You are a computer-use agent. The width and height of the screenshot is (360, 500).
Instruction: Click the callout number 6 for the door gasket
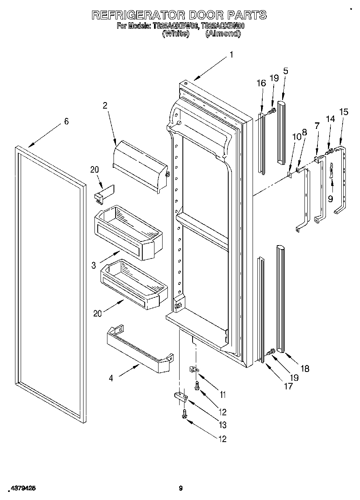[x=66, y=121]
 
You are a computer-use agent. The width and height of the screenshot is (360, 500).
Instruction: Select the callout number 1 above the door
[x=231, y=55]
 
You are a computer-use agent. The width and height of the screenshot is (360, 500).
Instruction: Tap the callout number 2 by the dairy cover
[x=105, y=106]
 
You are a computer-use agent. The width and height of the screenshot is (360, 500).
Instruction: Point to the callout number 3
[x=94, y=265]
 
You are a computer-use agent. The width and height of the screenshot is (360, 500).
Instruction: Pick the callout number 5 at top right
[x=285, y=71]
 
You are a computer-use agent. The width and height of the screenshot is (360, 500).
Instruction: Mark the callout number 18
[x=305, y=368]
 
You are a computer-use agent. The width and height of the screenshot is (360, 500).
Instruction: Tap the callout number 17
[x=288, y=386]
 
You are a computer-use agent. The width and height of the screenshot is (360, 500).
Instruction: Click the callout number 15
[x=344, y=112]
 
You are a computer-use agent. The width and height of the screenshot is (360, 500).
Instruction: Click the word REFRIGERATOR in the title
[x=136, y=15]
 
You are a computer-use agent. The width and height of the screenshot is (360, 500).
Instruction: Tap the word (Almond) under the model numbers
[x=223, y=34]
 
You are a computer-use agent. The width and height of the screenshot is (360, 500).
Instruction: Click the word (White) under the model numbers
[x=176, y=34]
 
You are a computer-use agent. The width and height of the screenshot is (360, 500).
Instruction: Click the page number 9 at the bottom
[x=181, y=488]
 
